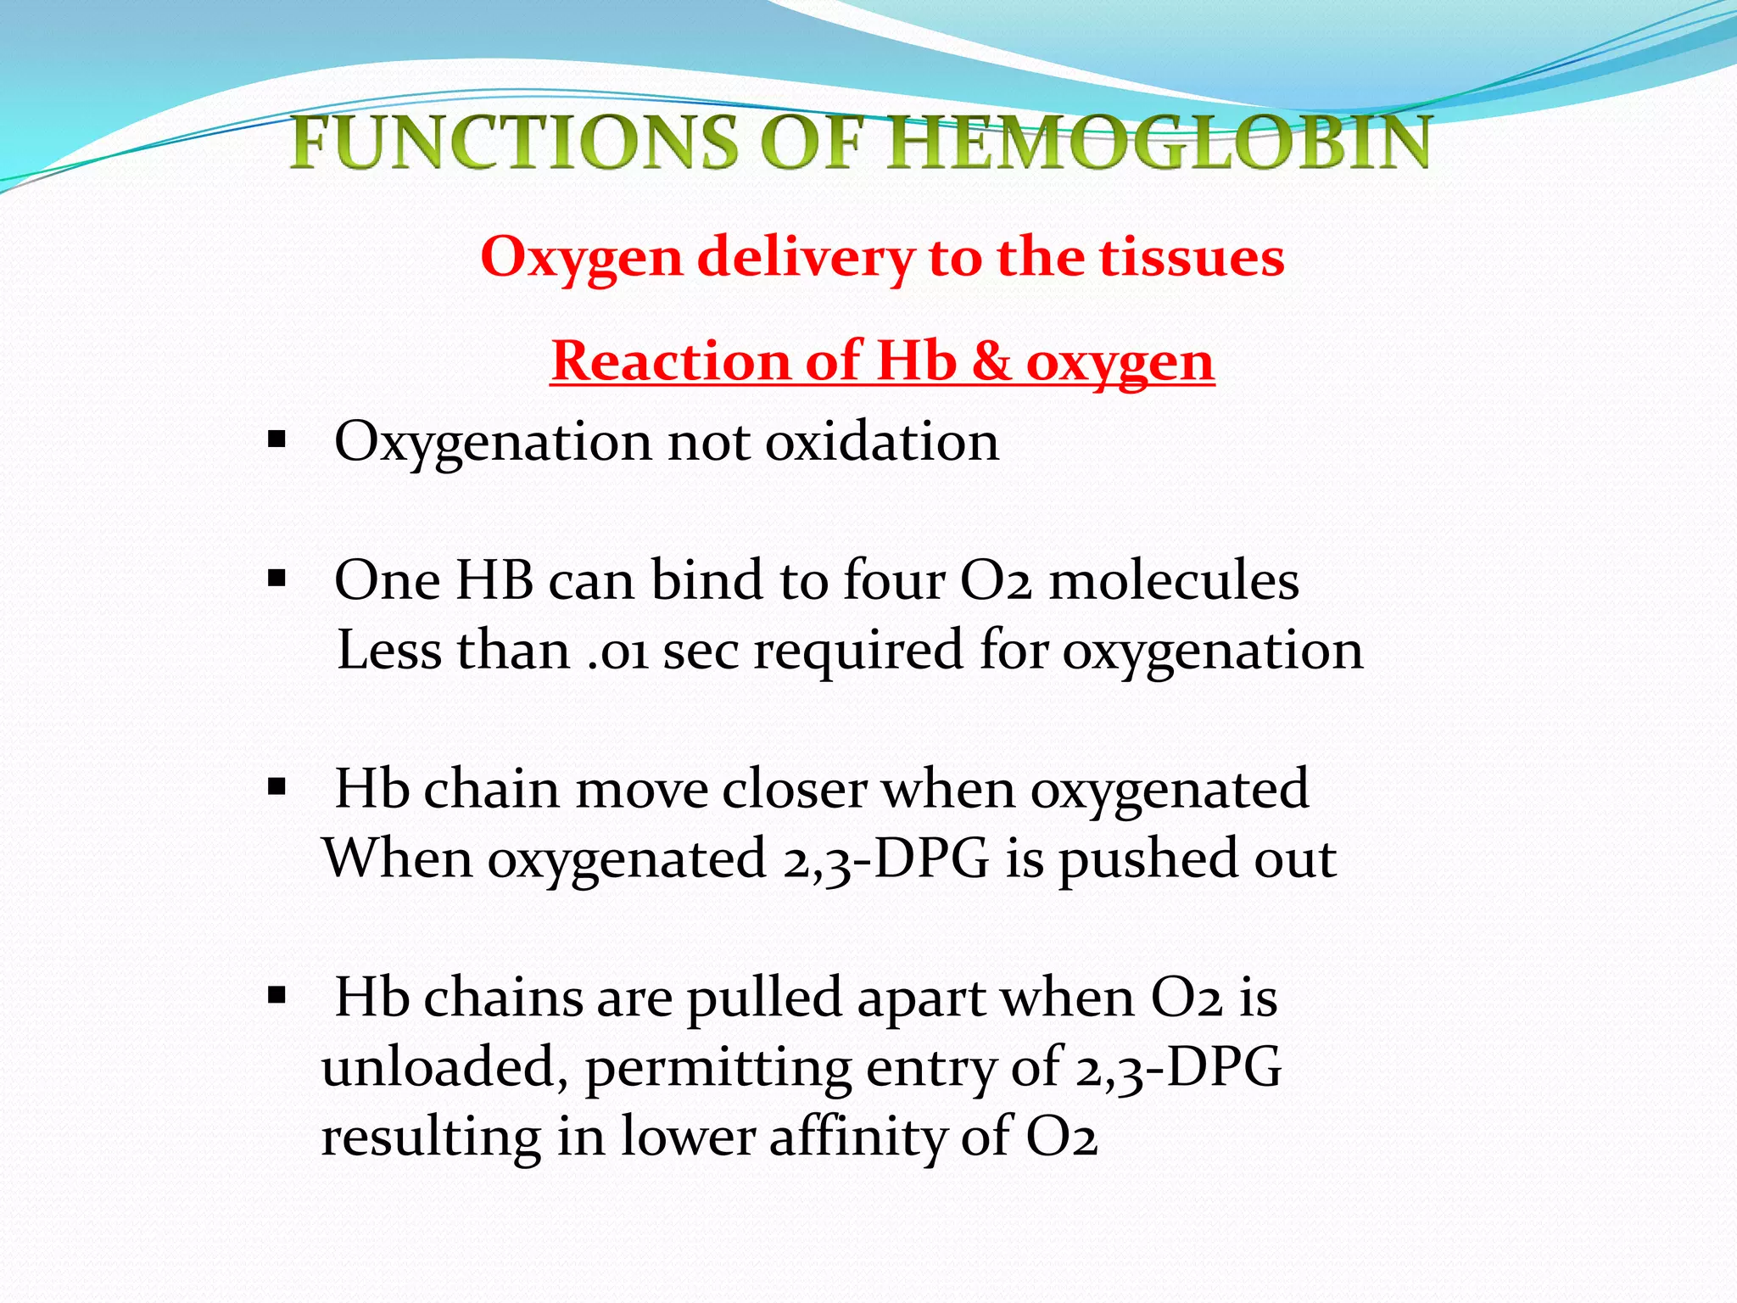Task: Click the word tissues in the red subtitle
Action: pyautogui.click(x=1191, y=256)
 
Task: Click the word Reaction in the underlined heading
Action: pyautogui.click(x=670, y=361)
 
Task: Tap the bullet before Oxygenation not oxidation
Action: pyautogui.click(x=276, y=441)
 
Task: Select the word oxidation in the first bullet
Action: pyautogui.click(x=882, y=442)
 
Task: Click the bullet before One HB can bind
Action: pyautogui.click(x=276, y=580)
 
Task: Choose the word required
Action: pyautogui.click(x=858, y=651)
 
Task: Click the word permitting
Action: pyautogui.click(x=718, y=1068)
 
